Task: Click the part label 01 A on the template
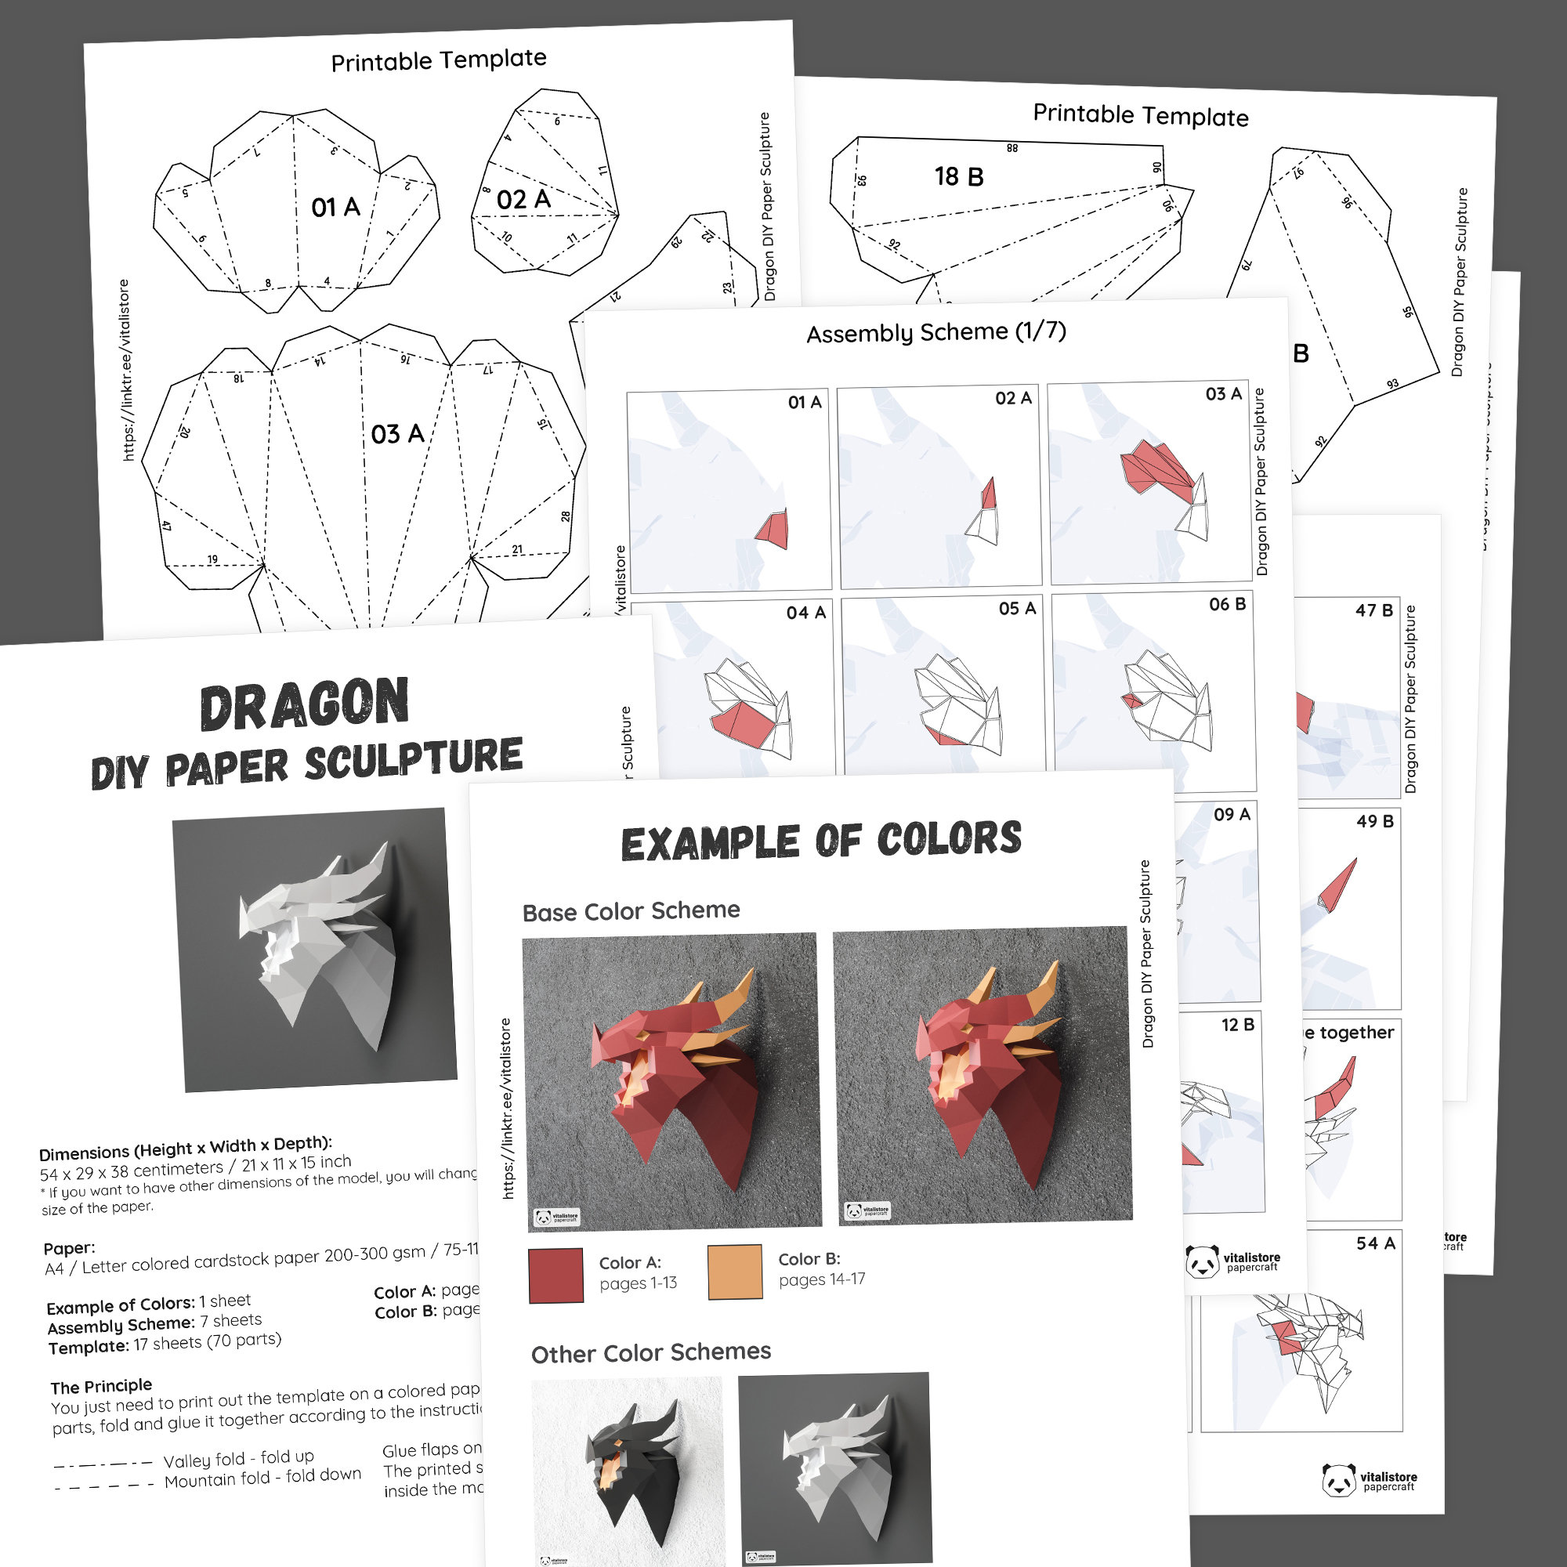coord(335,208)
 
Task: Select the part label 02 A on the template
coord(523,200)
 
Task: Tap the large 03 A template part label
coord(397,434)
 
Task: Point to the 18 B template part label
coord(959,177)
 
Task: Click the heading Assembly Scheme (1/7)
coord(936,332)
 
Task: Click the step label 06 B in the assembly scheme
coord(1227,604)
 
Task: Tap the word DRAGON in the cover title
coord(304,705)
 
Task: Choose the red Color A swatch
coord(556,1275)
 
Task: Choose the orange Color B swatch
coord(735,1272)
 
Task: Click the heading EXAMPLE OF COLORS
coord(821,841)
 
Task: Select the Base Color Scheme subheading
coord(631,912)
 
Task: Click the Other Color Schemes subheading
coord(650,1353)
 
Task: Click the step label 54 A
coord(1376,1243)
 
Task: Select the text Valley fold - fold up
coord(238,1458)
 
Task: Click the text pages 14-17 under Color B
coord(822,1279)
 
